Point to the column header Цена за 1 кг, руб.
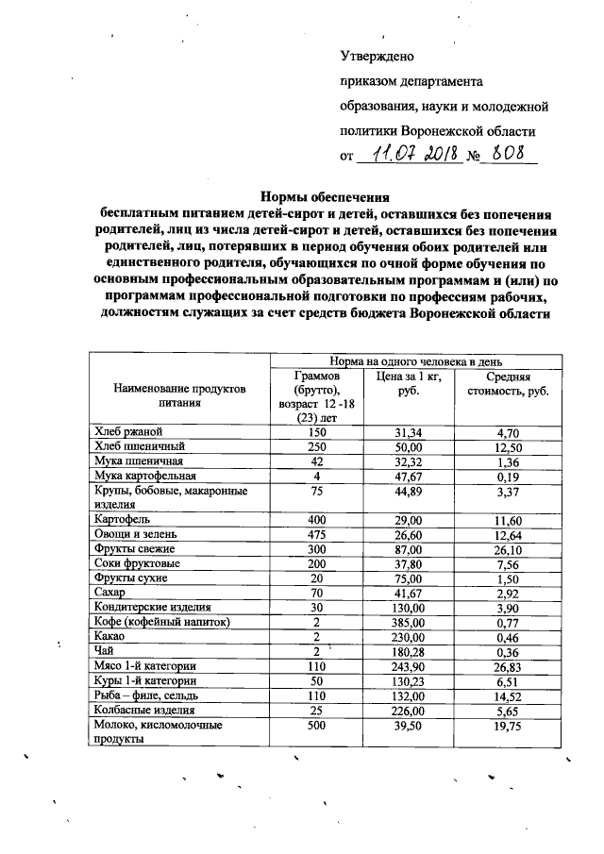409,383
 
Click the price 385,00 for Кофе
409,622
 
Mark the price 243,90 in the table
409,665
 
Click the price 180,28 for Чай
409,651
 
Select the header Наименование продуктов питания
178,394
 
